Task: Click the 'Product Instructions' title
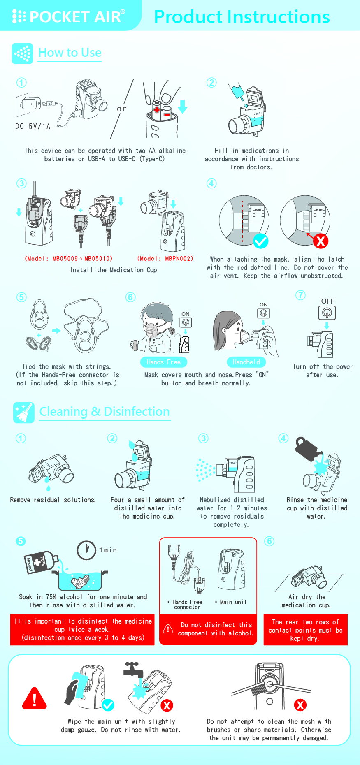242,16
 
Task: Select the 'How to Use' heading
70,53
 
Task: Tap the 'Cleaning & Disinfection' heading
105,412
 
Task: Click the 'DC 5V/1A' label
33,126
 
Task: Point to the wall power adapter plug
29,103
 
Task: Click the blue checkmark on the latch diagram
260,241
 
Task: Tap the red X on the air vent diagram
321,241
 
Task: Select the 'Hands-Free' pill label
164,362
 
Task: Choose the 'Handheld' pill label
246,362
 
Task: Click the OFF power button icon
327,313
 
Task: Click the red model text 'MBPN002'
179,258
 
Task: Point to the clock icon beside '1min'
87,550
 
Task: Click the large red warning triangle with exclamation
35,699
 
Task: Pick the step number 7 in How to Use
301,295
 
